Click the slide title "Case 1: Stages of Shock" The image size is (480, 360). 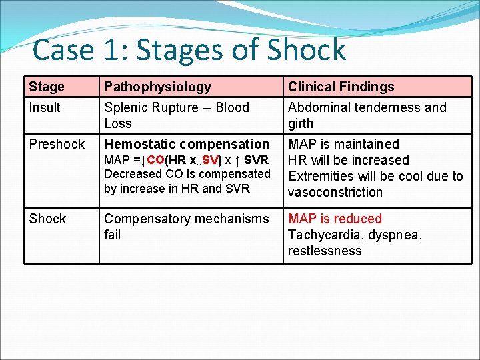pyautogui.click(x=189, y=50)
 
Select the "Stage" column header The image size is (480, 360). pyautogui.click(x=47, y=87)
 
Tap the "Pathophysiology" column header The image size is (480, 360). pyautogui.click(x=157, y=87)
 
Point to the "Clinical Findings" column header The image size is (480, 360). pyautogui.click(x=341, y=87)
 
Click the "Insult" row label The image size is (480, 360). pyautogui.click(x=45, y=107)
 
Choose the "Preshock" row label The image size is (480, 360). pyautogui.click(x=57, y=144)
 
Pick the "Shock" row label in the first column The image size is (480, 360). pyautogui.click(x=47, y=219)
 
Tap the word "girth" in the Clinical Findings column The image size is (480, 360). pyautogui.click(x=301, y=123)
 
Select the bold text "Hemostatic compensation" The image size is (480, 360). pyautogui.click(x=187, y=144)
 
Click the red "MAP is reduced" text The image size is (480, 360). pyautogui.click(x=335, y=219)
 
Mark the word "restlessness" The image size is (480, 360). pyautogui.click(x=325, y=251)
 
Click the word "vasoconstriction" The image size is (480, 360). pyautogui.click(x=335, y=192)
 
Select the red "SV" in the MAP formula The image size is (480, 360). pyautogui.click(x=210, y=161)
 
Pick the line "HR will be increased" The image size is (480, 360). pyautogui.click(x=348, y=160)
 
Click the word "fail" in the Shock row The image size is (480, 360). pyautogui.click(x=113, y=235)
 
